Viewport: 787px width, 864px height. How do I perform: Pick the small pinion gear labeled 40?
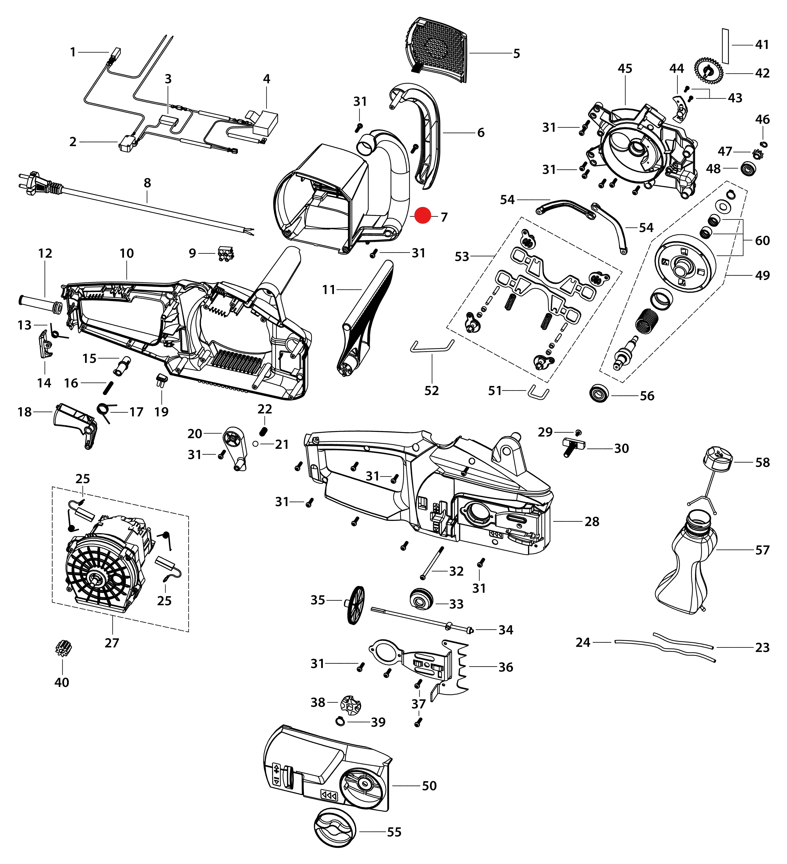63,649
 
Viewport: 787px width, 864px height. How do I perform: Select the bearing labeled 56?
599,393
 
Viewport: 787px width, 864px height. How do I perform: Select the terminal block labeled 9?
226,254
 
